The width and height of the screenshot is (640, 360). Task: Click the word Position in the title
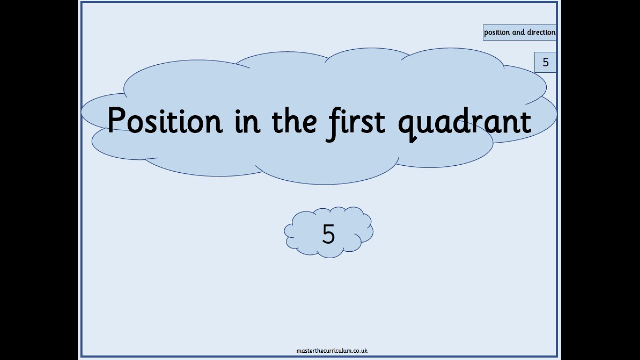point(164,121)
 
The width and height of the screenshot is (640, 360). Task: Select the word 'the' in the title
point(294,121)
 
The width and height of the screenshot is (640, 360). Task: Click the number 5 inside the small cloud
point(328,234)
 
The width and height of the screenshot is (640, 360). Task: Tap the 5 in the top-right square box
point(545,62)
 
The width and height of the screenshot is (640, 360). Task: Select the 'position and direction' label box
point(519,32)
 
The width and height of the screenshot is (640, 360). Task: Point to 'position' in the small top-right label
point(497,32)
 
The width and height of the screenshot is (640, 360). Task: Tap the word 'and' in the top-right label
point(518,32)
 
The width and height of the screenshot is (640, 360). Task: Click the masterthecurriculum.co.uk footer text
point(332,351)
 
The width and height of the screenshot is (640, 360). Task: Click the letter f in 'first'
point(332,121)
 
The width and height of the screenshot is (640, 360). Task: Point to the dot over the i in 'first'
point(345,108)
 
